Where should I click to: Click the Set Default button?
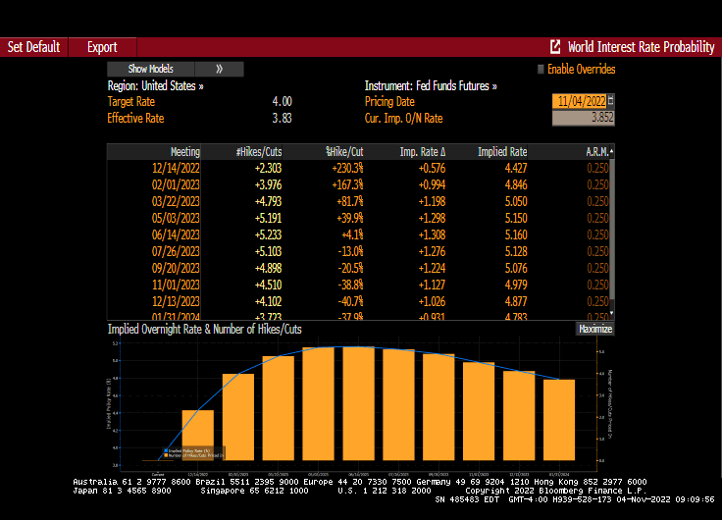click(x=33, y=47)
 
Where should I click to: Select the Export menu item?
click(x=102, y=47)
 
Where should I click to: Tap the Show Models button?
click(x=151, y=69)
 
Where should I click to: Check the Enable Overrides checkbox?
click(x=541, y=70)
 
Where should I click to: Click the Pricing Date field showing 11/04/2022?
click(x=580, y=101)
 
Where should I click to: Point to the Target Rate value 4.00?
click(x=282, y=101)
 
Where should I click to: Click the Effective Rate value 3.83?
click(x=282, y=118)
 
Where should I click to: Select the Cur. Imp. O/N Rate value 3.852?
click(x=584, y=118)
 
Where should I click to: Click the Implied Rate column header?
click(x=502, y=152)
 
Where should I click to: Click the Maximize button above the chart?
click(x=594, y=330)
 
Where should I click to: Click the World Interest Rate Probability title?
click(x=641, y=47)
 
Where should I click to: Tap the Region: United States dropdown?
click(x=156, y=85)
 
